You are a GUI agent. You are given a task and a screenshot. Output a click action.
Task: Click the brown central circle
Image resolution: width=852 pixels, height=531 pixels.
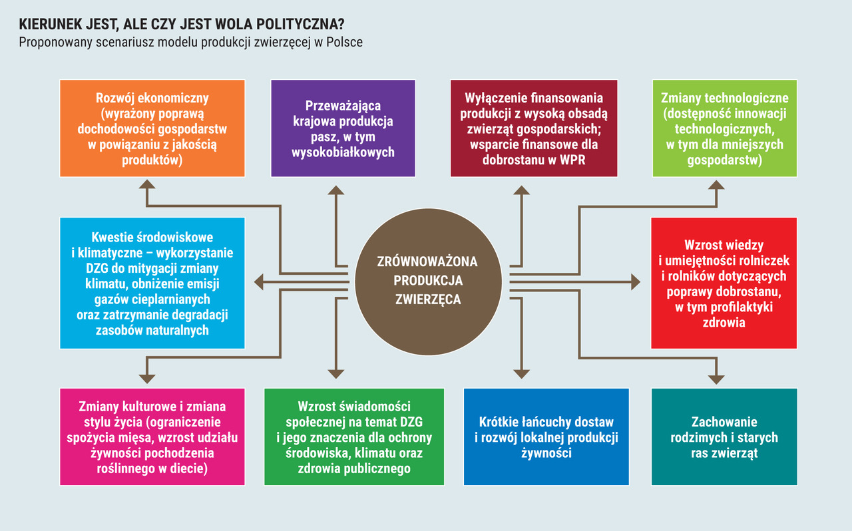(x=428, y=281)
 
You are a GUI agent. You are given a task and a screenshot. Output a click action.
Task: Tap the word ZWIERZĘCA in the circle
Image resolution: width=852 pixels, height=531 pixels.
(x=428, y=299)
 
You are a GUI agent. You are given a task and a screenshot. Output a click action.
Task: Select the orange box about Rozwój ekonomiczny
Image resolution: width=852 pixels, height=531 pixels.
(x=152, y=128)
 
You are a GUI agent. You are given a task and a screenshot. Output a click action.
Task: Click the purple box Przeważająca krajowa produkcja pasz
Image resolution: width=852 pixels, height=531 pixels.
(x=343, y=128)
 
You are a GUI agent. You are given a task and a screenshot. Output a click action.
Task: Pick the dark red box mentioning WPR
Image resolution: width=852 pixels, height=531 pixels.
(x=534, y=128)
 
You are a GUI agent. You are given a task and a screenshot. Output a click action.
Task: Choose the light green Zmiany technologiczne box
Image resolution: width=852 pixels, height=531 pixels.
(x=725, y=128)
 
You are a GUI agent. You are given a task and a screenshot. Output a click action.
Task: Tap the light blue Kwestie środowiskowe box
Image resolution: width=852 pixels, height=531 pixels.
(x=152, y=283)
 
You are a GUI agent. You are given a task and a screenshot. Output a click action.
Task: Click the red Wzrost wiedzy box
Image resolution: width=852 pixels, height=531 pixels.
(x=724, y=283)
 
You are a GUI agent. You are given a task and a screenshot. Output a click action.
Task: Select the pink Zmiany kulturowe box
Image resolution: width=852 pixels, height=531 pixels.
(x=152, y=437)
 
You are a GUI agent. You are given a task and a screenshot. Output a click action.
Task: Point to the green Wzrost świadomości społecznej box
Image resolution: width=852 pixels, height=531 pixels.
(x=354, y=437)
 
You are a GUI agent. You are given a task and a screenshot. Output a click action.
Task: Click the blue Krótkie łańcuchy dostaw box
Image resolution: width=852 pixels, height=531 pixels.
(x=546, y=437)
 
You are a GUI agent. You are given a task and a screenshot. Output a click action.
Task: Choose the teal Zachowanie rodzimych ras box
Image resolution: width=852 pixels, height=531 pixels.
(x=724, y=437)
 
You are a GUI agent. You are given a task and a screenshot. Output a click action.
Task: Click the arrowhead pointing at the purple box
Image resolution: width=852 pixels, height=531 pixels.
(x=336, y=190)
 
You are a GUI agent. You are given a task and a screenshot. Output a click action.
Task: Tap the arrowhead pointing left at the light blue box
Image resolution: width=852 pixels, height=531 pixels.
(x=259, y=282)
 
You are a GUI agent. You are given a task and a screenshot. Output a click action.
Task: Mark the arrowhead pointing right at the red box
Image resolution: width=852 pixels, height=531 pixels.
(x=636, y=282)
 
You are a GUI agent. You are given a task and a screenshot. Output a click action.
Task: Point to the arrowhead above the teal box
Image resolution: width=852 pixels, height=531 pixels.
(x=717, y=379)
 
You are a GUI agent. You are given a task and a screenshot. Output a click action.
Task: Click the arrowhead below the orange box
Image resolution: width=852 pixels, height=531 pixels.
(x=147, y=184)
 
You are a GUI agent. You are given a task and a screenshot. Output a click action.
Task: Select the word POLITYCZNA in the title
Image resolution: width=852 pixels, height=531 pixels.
(x=300, y=24)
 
